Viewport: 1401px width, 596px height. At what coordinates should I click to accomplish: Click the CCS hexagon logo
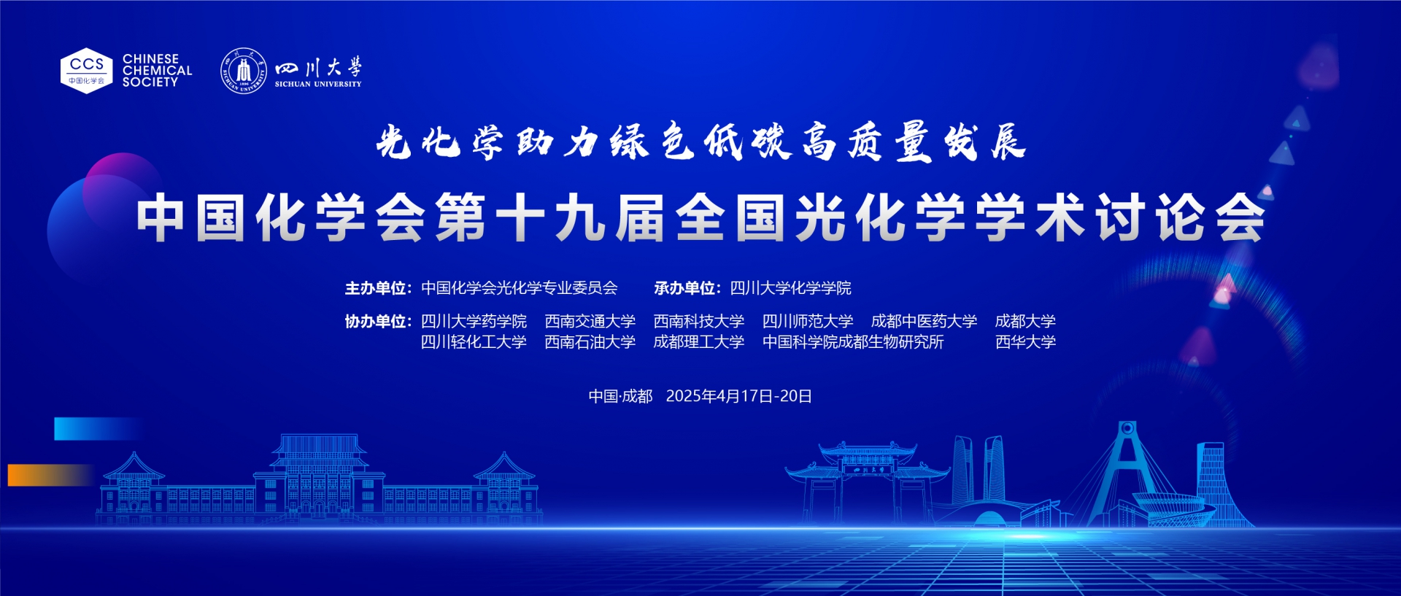click(86, 71)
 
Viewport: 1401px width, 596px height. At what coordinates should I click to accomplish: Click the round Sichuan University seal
click(244, 71)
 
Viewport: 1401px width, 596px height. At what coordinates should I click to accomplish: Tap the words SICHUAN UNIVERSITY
click(318, 84)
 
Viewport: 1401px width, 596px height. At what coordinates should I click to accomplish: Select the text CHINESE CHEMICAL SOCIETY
click(157, 71)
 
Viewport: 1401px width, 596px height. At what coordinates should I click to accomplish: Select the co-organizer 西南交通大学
click(590, 321)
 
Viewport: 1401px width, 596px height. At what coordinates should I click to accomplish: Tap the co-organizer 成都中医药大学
click(924, 321)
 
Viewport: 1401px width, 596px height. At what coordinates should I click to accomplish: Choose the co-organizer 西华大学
click(1025, 341)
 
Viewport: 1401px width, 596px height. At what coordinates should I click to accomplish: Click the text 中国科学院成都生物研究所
click(853, 341)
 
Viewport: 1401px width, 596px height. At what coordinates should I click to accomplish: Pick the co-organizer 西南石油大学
click(590, 341)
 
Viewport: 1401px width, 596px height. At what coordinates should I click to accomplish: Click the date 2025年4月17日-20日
click(738, 396)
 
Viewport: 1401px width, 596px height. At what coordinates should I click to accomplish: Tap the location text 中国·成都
click(620, 396)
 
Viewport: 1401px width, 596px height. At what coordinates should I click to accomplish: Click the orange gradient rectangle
click(51, 475)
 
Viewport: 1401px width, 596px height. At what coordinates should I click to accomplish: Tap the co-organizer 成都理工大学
click(698, 341)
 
